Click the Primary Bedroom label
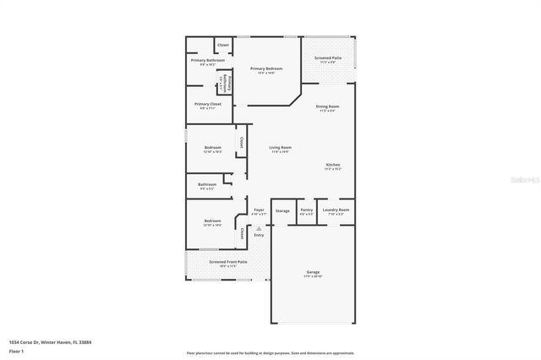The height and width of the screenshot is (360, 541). pos(266,68)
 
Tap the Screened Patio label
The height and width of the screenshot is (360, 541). pos(328,58)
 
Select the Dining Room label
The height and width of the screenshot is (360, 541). pos(328,106)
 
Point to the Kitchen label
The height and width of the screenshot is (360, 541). pos(333,165)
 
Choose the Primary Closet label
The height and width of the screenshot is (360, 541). pos(207,104)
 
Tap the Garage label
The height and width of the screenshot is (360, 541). pos(313,272)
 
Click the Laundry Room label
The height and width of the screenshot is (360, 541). pos(336,210)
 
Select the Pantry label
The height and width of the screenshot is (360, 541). pos(307,210)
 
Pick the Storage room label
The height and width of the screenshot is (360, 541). pos(282,210)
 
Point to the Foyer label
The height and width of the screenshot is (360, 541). pos(259,210)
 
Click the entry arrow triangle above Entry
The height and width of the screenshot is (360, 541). pos(259,228)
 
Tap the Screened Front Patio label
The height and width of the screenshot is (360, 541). pos(228,262)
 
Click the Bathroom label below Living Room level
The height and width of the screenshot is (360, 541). pos(207,184)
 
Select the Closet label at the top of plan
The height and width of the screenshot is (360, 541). pos(223,45)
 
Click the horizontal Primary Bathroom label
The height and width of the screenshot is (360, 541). pos(207,60)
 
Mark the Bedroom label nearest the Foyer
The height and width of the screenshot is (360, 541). pos(212,221)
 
